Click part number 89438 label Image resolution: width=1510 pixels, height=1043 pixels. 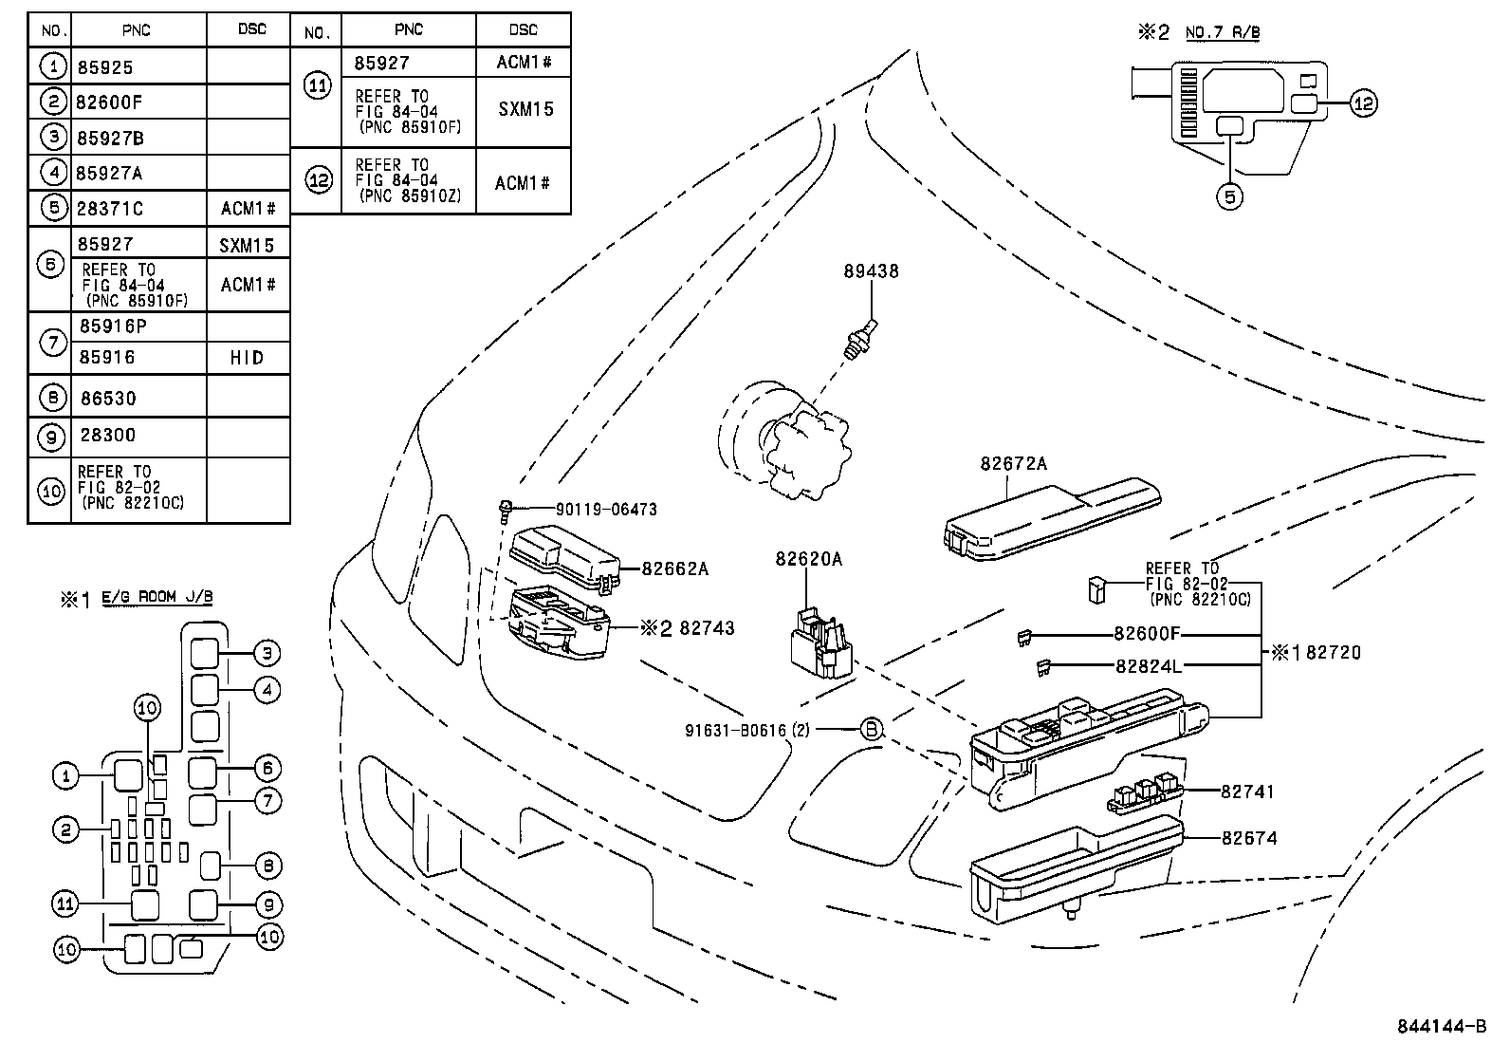coord(871,271)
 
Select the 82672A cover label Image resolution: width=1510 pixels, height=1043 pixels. coord(1013,464)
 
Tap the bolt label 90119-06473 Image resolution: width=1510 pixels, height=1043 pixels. coord(606,510)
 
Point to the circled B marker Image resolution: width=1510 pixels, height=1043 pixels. coord(871,730)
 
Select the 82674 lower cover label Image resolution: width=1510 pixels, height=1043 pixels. coord(1248,838)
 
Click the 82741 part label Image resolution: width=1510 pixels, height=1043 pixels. coord(1247,792)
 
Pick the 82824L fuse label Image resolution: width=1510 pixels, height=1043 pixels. coord(1149,666)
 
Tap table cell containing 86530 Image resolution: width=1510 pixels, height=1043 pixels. coord(109,400)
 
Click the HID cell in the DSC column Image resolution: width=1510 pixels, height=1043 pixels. coord(248,358)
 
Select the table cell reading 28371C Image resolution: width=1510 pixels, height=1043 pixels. coord(112,209)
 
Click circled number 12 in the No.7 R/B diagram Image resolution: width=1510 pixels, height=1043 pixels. coord(1363,103)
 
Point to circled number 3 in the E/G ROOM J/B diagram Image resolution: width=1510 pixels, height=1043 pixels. coord(267,653)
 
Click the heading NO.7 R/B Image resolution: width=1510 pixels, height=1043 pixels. coord(1222,33)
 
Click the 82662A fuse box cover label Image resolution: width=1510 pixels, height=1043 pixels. coord(674,569)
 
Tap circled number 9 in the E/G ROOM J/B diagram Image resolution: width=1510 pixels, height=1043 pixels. coord(267,904)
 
